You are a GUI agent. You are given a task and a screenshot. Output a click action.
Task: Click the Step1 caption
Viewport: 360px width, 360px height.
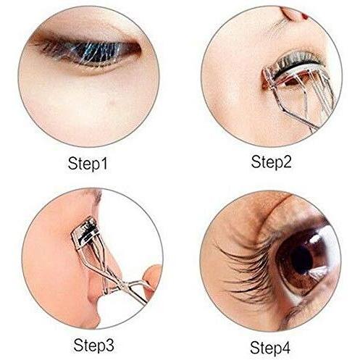click(x=88, y=164)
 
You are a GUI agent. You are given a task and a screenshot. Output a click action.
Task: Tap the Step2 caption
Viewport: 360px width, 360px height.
click(x=271, y=162)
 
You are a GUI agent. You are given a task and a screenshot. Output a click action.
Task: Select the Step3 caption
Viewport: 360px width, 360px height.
click(x=93, y=345)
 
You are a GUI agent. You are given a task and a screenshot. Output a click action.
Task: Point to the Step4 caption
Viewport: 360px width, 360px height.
click(x=270, y=348)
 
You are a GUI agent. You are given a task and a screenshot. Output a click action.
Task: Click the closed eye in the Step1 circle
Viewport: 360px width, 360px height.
click(x=87, y=52)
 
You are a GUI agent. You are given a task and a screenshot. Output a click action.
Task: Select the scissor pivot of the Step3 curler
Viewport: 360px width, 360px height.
click(x=123, y=286)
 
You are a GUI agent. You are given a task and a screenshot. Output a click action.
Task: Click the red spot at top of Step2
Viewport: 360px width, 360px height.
click(x=305, y=16)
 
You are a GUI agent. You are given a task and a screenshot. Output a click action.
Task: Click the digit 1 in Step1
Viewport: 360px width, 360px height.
click(x=104, y=163)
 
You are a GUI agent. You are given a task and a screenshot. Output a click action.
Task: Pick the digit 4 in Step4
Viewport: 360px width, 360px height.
click(x=285, y=347)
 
